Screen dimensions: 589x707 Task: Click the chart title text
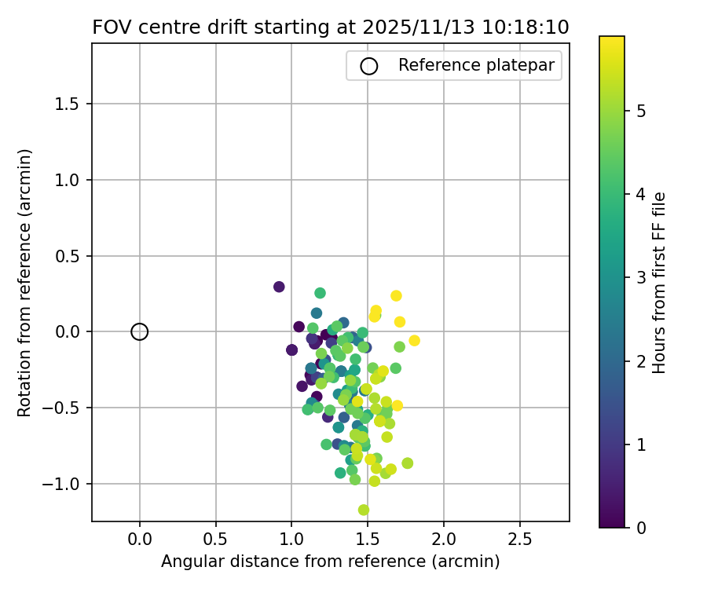(331, 27)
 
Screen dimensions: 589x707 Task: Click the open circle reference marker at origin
(140, 331)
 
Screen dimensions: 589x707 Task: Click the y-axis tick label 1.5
(71, 104)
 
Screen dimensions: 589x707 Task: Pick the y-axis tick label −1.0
(68, 484)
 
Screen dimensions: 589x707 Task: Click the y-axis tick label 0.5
(71, 256)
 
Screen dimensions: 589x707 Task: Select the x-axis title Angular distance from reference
(331, 562)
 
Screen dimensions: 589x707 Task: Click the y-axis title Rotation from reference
(24, 283)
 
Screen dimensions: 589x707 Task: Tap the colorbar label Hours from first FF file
(660, 283)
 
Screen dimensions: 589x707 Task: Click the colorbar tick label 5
(642, 111)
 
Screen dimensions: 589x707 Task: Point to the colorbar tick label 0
(642, 527)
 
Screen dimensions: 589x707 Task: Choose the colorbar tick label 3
(642, 277)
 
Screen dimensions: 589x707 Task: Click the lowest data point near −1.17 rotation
(364, 510)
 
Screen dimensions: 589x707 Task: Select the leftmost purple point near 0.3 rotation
(279, 287)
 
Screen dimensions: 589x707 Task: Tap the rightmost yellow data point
(414, 340)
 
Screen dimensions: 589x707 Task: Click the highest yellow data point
(396, 296)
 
